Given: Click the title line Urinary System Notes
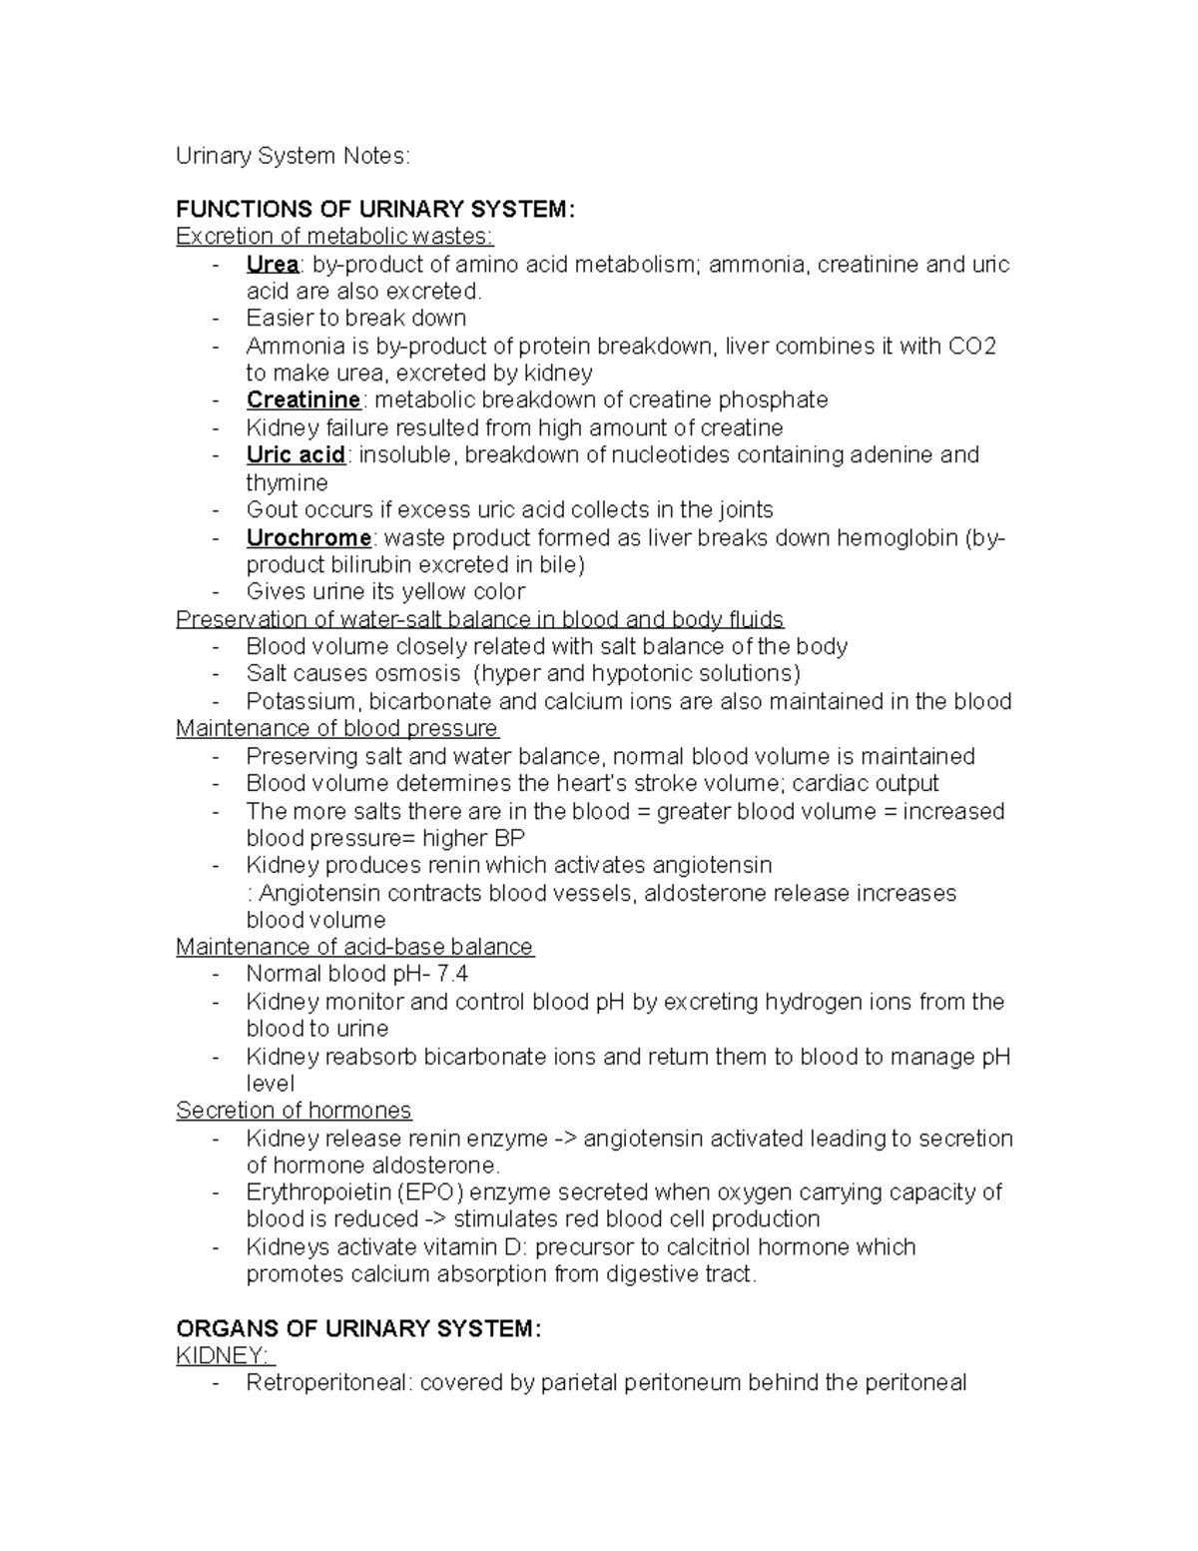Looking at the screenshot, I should (293, 156).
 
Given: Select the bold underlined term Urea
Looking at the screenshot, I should (273, 265).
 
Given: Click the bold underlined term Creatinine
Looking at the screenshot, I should (303, 400).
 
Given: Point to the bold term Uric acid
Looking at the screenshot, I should (296, 455).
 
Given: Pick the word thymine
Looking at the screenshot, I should (287, 483).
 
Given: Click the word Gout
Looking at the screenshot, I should (271, 510).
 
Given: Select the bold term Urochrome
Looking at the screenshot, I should (308, 538).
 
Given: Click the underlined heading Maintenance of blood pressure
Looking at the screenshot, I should (336, 729).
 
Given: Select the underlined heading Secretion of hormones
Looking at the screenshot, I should (294, 1111).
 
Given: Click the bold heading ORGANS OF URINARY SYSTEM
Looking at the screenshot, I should (358, 1329).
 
